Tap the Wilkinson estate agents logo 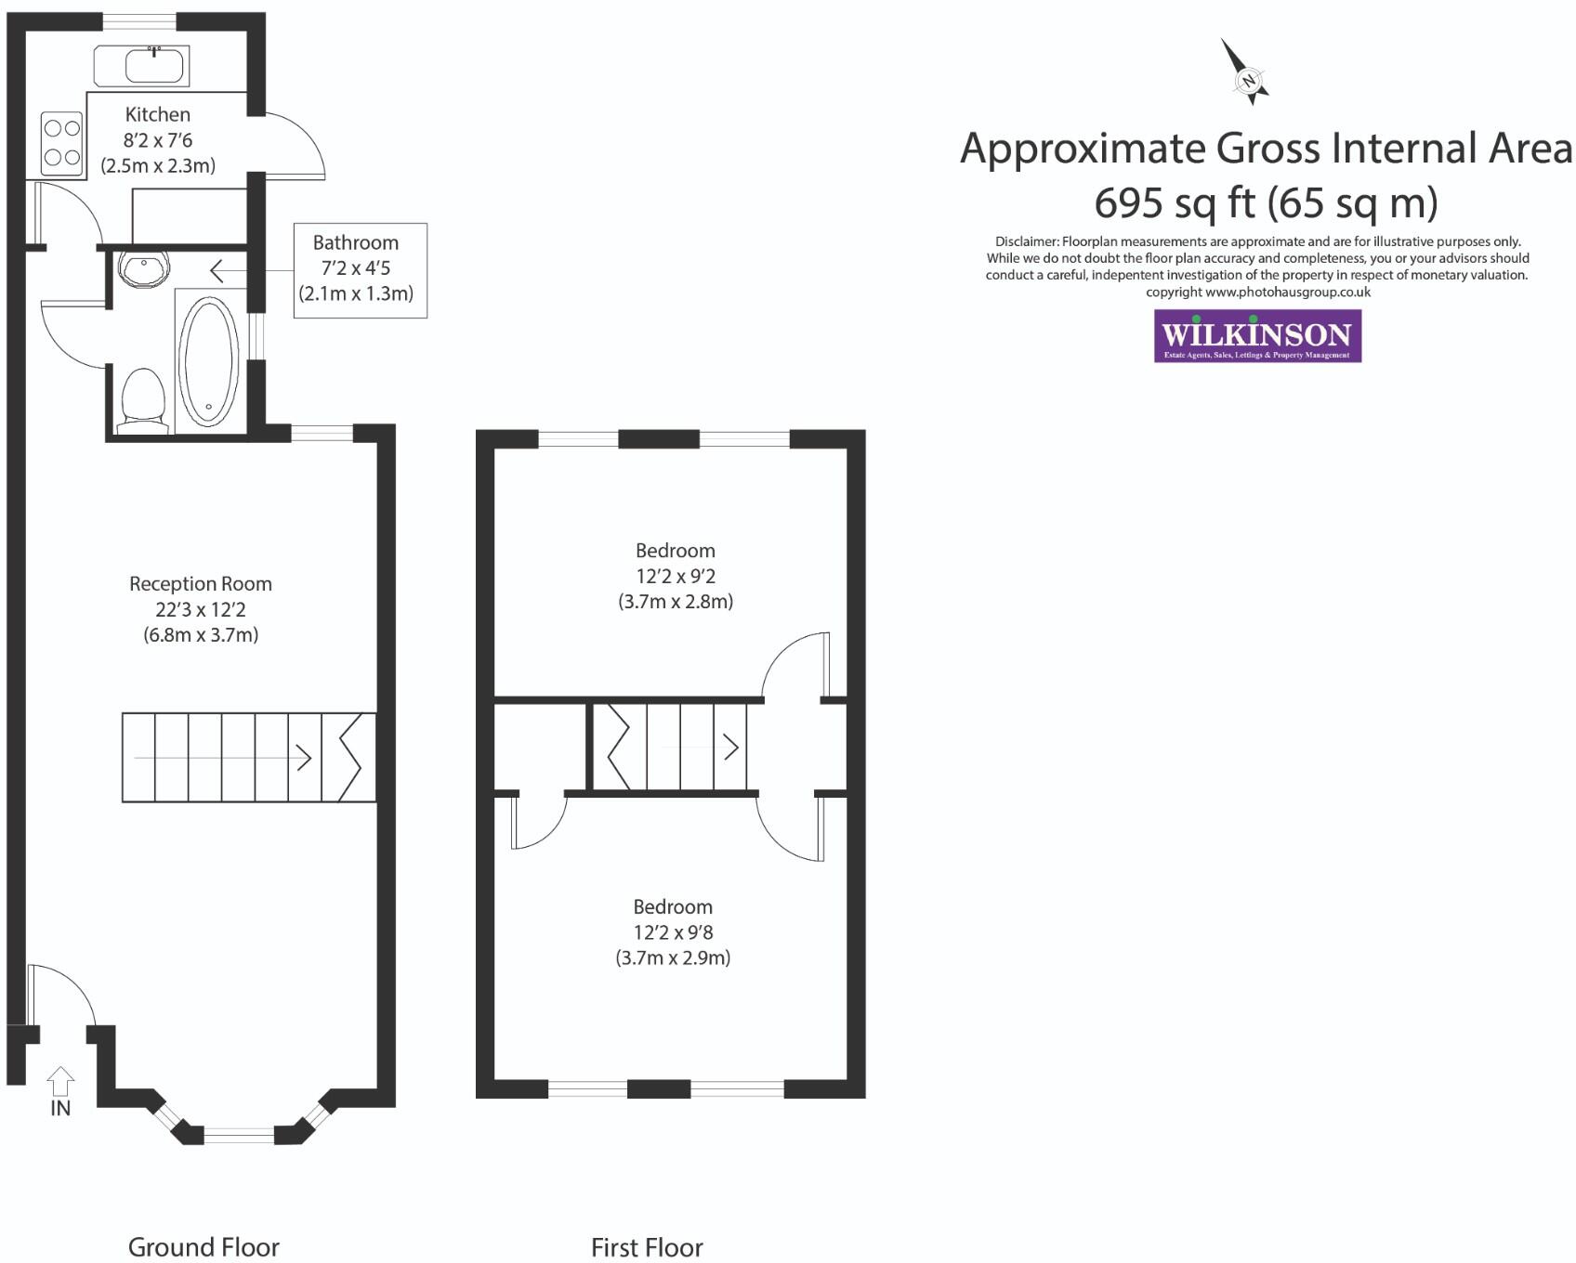1257,335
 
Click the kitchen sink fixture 142,66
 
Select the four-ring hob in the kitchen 62,143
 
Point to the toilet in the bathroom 142,400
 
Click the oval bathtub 209,360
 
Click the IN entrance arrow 60,1083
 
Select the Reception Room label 200,584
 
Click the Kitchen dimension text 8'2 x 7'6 158,140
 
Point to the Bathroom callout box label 355,243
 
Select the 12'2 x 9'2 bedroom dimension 676,576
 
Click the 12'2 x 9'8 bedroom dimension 673,932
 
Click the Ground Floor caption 204,1246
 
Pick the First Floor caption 647,1247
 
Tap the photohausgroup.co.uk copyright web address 1287,292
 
